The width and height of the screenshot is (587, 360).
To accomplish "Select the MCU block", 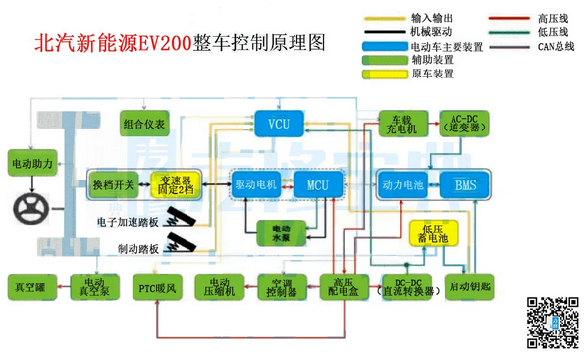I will pos(317,183).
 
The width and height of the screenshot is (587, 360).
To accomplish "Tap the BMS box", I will pos(456,183).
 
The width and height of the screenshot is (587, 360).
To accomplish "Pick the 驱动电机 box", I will pos(258,183).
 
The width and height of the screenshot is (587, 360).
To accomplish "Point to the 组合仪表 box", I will pos(146,125).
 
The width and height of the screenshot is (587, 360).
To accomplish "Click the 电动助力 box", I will pos(33,162).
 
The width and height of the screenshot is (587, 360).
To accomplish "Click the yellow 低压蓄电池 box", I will pos(434,234).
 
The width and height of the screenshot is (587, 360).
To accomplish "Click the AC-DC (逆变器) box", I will pos(459,124).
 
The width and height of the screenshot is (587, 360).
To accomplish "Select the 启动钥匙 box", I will pos(469,285).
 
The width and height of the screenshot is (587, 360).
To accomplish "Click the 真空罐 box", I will pos(30,286).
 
